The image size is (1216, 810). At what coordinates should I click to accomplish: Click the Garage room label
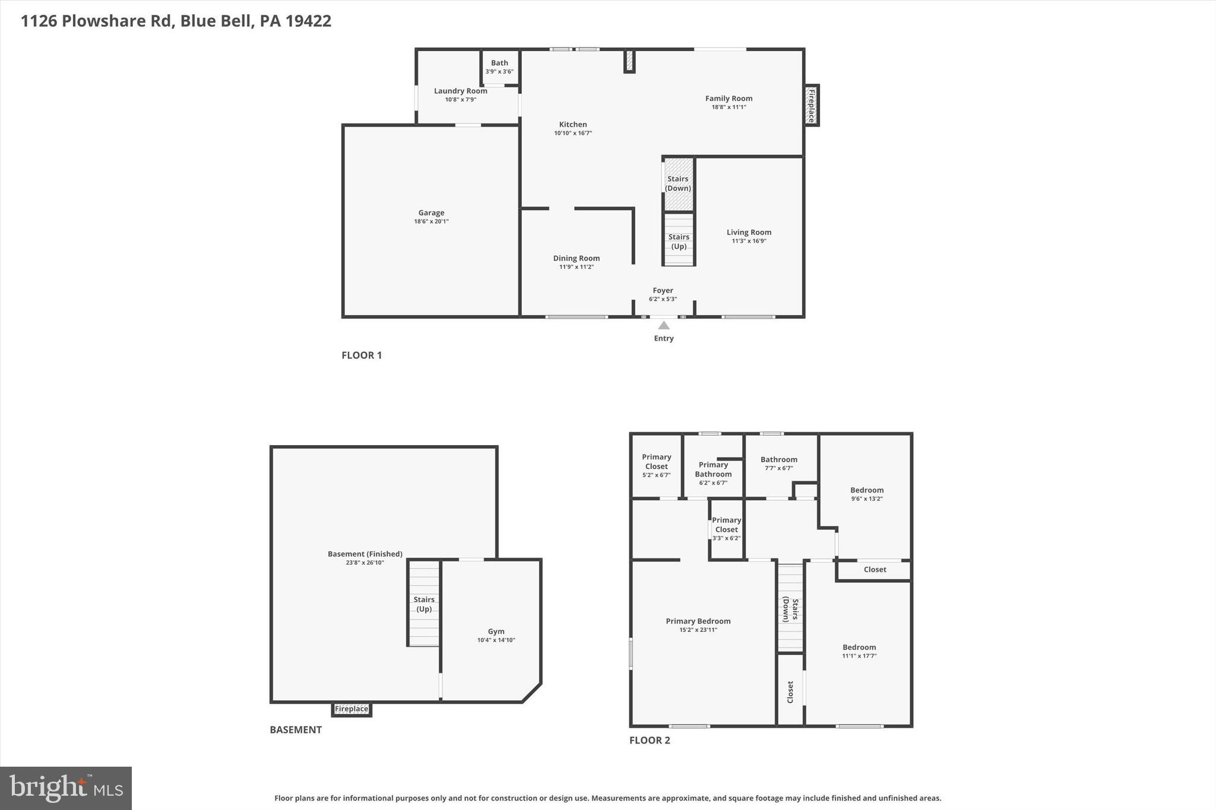[431, 213]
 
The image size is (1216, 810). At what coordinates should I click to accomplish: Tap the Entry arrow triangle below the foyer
[664, 325]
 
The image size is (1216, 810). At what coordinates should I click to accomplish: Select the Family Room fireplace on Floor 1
[811, 106]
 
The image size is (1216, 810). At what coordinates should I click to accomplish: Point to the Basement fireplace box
[351, 709]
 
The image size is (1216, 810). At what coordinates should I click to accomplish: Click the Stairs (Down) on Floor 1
[678, 183]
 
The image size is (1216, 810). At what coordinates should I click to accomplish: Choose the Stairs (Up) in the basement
[424, 604]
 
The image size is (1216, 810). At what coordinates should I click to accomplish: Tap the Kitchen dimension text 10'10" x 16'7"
[573, 134]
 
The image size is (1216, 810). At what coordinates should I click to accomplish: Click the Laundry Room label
[460, 91]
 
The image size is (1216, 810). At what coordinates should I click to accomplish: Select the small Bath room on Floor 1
[499, 66]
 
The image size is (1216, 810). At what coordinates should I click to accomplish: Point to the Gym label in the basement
[496, 631]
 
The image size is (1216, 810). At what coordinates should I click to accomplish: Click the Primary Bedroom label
[698, 621]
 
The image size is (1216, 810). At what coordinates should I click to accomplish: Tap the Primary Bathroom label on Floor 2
[713, 469]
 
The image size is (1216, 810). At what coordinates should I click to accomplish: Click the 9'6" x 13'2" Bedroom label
[866, 490]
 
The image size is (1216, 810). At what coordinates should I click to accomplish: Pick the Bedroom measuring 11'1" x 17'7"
[859, 647]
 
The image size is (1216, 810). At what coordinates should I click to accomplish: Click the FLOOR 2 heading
[650, 740]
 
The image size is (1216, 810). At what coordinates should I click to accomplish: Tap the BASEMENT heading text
[296, 730]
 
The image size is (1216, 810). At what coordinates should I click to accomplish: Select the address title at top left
[176, 21]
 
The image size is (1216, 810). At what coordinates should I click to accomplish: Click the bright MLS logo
[66, 788]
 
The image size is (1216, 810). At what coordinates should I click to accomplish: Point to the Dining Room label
[576, 258]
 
